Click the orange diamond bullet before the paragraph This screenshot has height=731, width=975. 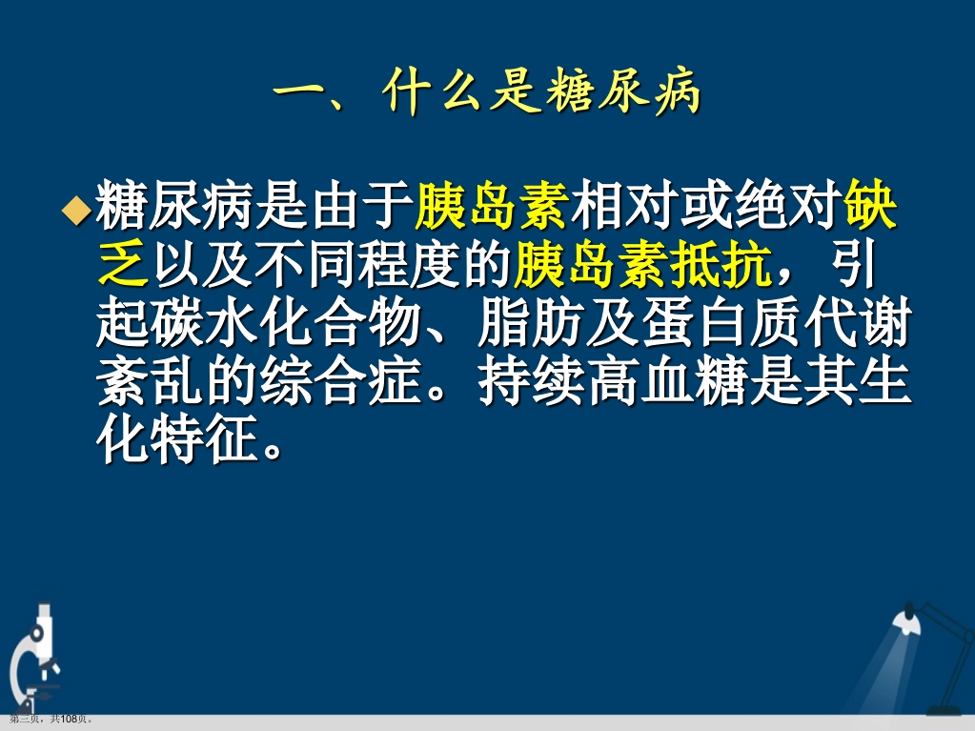[x=77, y=212]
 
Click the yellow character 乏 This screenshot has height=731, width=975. [x=124, y=269]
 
